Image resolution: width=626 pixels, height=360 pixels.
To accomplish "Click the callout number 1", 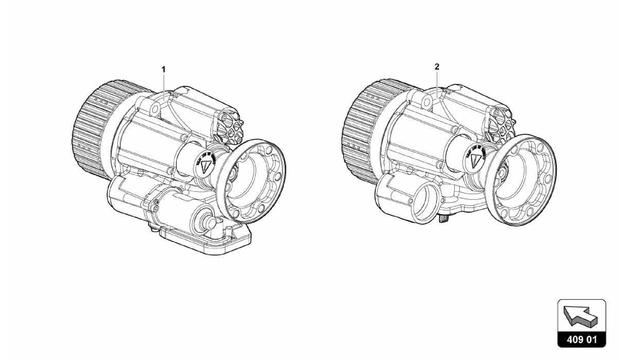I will pyautogui.click(x=164, y=70).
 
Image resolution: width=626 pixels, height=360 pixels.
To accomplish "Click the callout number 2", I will pyautogui.click(x=437, y=66).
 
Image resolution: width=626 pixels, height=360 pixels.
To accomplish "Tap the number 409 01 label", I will pyautogui.click(x=582, y=340).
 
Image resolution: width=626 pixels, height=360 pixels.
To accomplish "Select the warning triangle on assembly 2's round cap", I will pyautogui.click(x=475, y=159).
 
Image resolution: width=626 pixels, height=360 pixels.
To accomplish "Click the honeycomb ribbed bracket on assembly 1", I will pyautogui.click(x=230, y=128).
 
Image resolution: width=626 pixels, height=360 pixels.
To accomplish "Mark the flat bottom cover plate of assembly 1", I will pyautogui.click(x=208, y=243).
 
